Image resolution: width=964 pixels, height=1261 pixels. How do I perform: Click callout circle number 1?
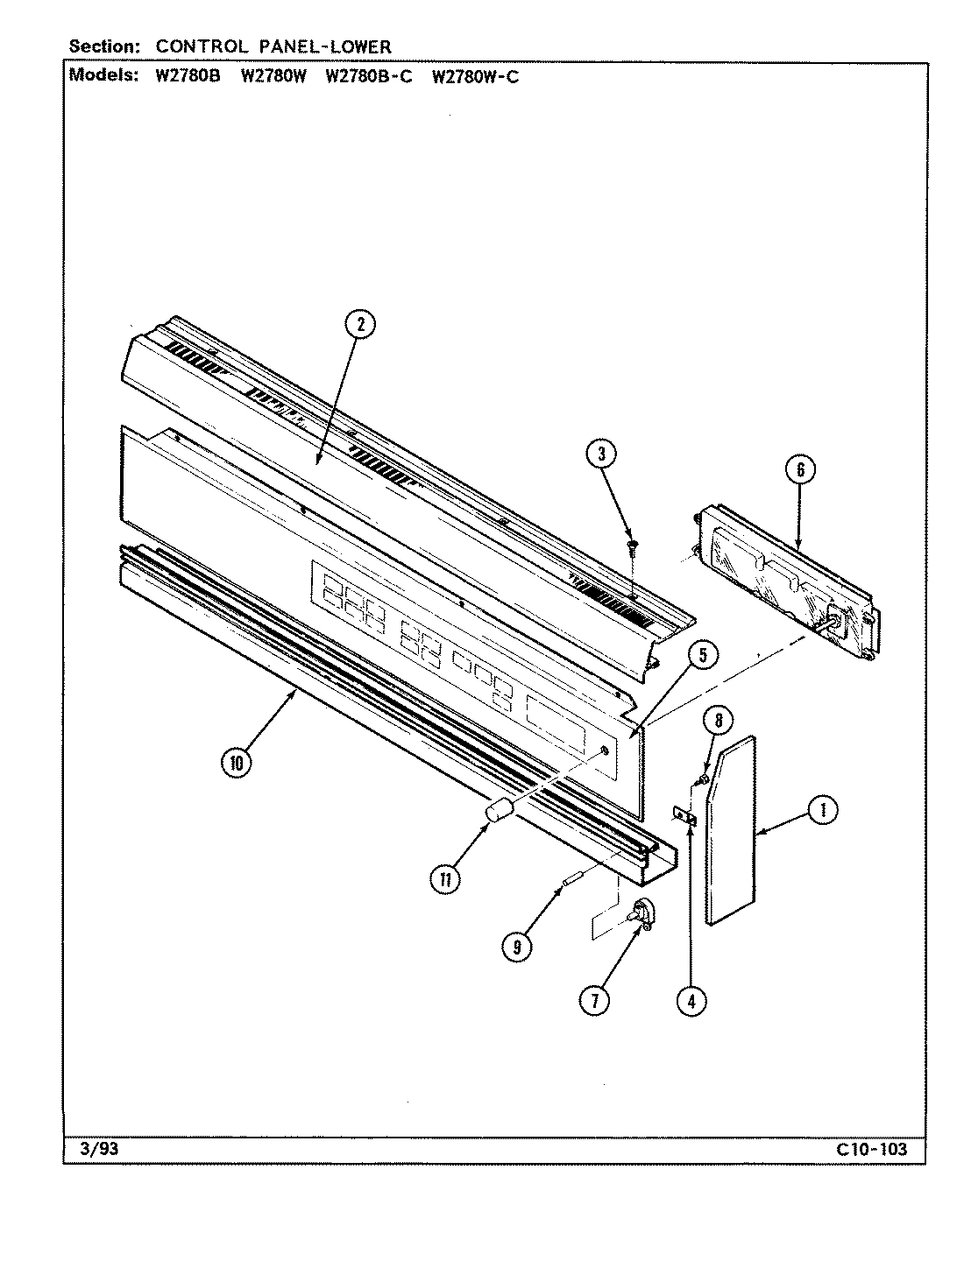click(821, 811)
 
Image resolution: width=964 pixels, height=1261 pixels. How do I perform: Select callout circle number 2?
click(359, 325)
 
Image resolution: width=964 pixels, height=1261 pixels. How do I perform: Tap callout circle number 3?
click(601, 454)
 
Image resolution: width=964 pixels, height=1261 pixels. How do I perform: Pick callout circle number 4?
click(691, 1000)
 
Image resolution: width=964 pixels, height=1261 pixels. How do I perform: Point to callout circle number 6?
click(799, 470)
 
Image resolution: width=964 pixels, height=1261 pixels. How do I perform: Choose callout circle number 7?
click(594, 1000)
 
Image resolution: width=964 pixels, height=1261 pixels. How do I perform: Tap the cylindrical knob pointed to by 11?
click(499, 811)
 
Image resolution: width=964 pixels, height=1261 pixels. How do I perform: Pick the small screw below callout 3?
click(631, 548)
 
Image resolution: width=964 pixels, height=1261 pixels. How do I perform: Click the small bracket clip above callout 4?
click(685, 817)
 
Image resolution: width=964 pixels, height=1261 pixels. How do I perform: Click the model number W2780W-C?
click(475, 76)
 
